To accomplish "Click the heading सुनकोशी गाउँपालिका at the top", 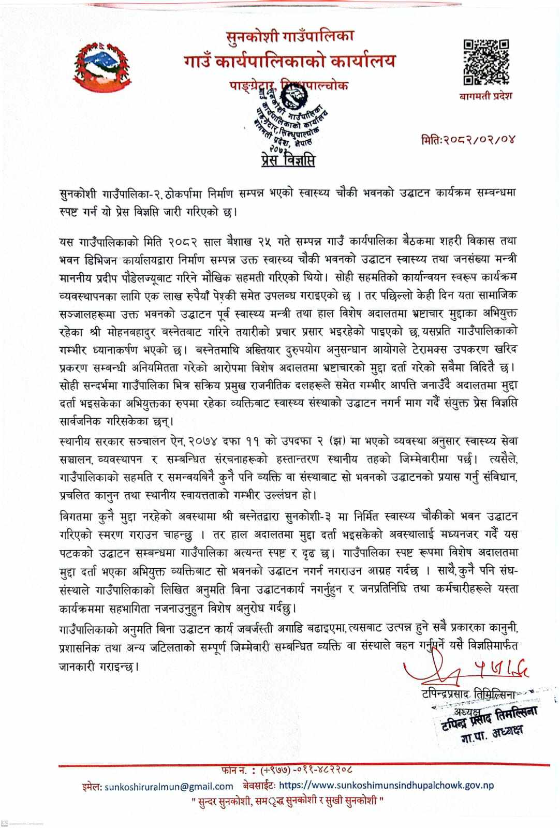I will click(290, 37).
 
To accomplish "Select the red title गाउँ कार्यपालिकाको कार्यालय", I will click(290, 61).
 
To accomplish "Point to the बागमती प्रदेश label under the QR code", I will click(485, 96).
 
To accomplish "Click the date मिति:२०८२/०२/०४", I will click(469, 139).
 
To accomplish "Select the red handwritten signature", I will click(466, 670).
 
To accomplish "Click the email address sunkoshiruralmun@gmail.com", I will click(169, 786).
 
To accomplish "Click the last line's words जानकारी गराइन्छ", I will click(99, 667).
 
